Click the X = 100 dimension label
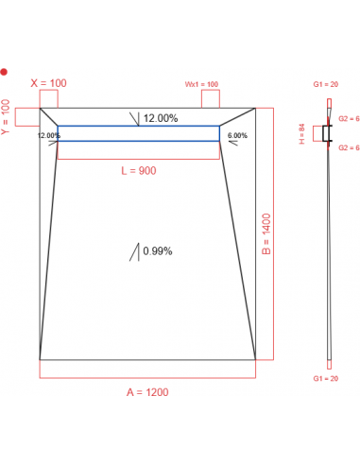click(x=49, y=83)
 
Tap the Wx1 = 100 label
click(x=201, y=84)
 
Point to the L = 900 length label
click(x=138, y=171)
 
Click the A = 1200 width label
click(x=146, y=392)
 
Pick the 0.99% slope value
click(x=157, y=251)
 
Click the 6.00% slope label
click(x=237, y=135)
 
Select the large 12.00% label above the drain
click(x=161, y=119)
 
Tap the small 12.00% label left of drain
click(x=48, y=135)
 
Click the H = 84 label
click(x=302, y=134)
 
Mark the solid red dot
click(x=4, y=72)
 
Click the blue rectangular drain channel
click(x=138, y=133)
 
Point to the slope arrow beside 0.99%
click(x=137, y=251)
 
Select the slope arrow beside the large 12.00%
click(x=137, y=119)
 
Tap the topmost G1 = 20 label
click(x=328, y=84)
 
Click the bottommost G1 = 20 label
click(x=328, y=378)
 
